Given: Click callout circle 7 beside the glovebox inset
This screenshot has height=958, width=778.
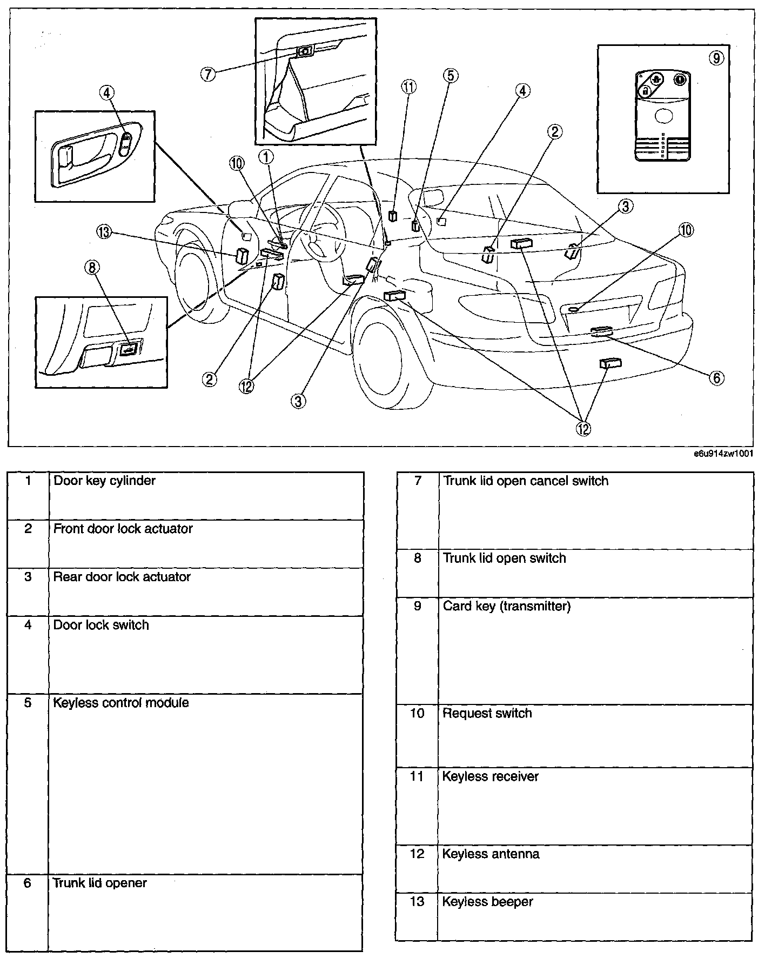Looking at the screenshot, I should click(x=208, y=74).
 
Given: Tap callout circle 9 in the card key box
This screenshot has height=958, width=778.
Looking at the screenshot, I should click(x=716, y=58).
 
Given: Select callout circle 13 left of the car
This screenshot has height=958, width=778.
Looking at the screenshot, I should click(x=104, y=232).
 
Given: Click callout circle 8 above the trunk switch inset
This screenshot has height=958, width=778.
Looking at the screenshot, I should click(x=93, y=267).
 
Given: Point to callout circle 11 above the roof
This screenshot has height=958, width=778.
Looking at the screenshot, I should click(x=409, y=87).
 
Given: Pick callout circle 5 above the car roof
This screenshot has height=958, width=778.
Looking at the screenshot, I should click(x=451, y=76).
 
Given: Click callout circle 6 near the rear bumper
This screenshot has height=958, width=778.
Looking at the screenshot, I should click(x=716, y=377).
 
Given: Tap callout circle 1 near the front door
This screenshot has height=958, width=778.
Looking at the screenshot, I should click(x=266, y=157).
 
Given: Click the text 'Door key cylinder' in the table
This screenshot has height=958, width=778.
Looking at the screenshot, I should click(x=104, y=481).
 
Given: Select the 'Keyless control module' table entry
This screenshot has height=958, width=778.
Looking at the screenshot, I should click(x=121, y=703).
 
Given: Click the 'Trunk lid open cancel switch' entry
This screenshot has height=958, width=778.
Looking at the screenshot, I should click(x=525, y=481).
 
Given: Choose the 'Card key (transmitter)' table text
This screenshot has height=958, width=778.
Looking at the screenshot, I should click(x=506, y=606).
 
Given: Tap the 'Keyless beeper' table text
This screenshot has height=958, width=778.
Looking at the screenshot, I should click(x=487, y=902).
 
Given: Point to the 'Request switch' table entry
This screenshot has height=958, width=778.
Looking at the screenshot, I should click(x=487, y=714).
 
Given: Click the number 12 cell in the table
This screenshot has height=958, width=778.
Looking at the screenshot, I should click(x=417, y=854).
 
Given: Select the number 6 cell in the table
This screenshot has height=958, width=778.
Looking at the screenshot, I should click(x=28, y=883).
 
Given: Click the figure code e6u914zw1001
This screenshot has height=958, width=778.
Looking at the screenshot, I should click(x=723, y=455).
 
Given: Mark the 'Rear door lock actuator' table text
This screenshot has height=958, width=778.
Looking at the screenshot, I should click(x=122, y=577).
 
